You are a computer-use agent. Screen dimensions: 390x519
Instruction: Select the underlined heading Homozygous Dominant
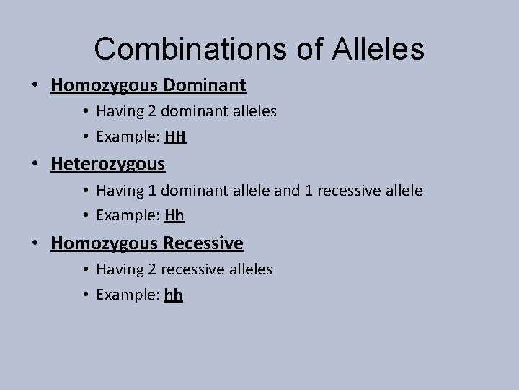(148, 86)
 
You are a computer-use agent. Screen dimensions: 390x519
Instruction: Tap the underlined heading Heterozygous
(108, 164)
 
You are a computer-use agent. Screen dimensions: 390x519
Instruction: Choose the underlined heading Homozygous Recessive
(147, 243)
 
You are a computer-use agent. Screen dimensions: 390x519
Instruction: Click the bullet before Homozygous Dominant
(35, 86)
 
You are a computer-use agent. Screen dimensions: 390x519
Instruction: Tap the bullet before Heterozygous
(35, 165)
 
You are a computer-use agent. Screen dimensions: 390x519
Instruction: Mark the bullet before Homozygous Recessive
(35, 243)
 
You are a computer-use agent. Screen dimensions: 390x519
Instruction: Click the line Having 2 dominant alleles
(186, 112)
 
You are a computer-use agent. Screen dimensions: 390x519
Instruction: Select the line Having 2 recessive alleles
(184, 269)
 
